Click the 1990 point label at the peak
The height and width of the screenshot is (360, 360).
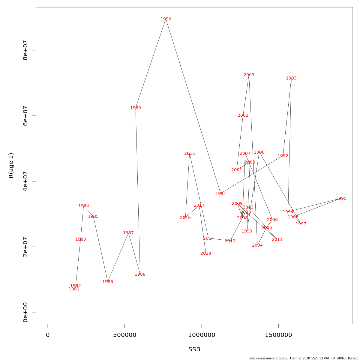166,19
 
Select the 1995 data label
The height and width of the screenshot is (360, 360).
341,199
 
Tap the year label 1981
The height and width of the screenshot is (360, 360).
74,289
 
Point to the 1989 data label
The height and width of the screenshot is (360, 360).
136,108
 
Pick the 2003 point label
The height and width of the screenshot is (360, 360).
249,75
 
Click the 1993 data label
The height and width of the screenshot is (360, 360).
291,78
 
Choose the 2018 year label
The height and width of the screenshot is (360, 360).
206,253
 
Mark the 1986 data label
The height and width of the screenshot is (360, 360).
108,282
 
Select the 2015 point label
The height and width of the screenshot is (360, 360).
190,154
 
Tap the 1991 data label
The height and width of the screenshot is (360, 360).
221,194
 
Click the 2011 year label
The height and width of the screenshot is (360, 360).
277,240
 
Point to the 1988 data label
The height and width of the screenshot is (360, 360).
140,274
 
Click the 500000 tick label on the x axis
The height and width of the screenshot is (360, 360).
124,335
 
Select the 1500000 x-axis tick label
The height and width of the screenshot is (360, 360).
278,335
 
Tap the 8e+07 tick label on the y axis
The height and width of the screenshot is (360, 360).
25,50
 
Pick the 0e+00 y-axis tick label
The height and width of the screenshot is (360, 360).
25,312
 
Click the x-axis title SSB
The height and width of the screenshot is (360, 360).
194,349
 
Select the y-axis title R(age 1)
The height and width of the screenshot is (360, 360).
11,166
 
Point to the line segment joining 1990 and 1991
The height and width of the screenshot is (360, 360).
193,106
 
